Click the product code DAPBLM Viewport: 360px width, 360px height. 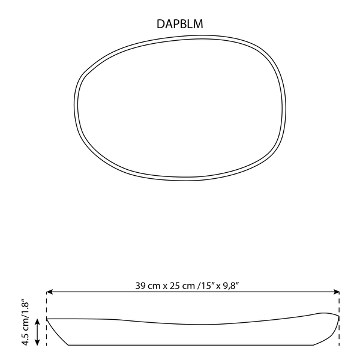tap(180, 24)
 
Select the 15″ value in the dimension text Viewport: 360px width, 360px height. tap(207, 286)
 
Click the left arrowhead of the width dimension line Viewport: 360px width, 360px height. tap(49, 292)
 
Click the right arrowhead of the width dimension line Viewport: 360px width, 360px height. tap(337, 292)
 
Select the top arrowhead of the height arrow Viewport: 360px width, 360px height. tap(37, 322)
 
